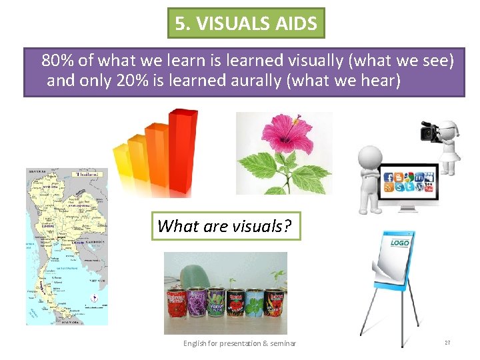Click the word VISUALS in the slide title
pos(229,25)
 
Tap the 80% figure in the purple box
pos(57,61)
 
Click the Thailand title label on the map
pos(89,174)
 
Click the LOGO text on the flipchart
pos(399,243)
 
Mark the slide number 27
pos(447,343)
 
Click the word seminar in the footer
pos(281,343)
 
